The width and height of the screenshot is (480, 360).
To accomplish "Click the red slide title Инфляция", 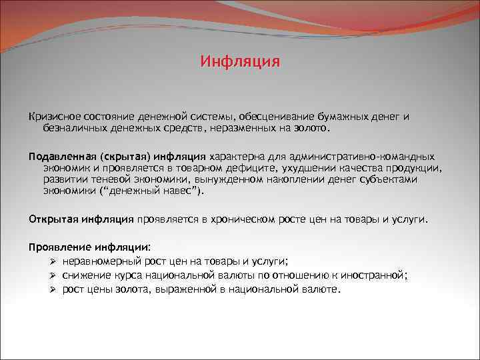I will click(x=240, y=63).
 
